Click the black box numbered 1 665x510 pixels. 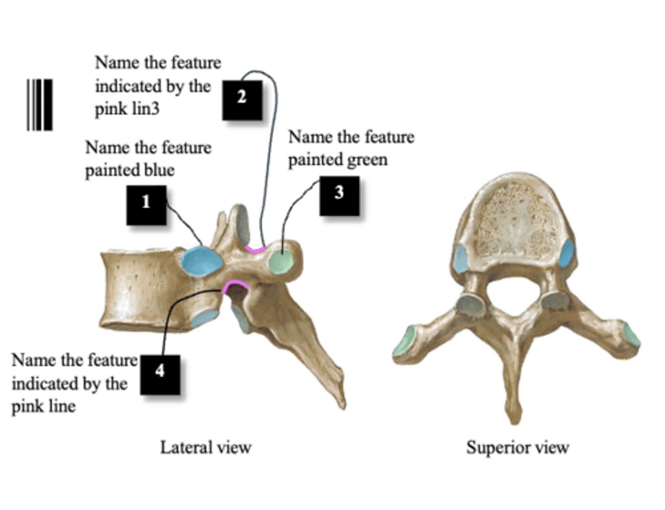click(x=146, y=205)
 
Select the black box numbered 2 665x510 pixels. click(x=242, y=100)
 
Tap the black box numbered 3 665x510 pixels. click(x=339, y=196)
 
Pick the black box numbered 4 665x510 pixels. click(x=160, y=375)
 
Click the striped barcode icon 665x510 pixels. click(x=40, y=105)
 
